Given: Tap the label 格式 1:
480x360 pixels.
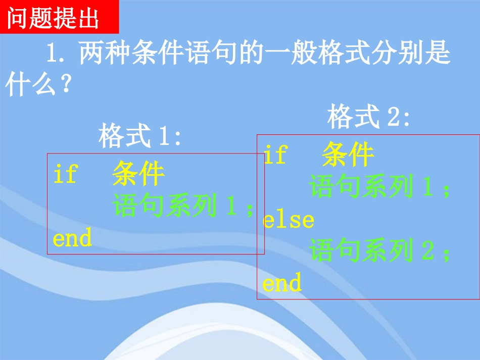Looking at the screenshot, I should click(140, 136).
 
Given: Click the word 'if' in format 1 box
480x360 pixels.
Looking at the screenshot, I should click(65, 175).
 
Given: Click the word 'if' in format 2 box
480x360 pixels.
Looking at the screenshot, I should click(275, 155).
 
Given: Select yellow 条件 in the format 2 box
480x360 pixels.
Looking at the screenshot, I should click(348, 155).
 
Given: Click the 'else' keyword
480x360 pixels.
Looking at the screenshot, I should click(289, 220).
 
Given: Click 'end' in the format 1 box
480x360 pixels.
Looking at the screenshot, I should click(72, 238).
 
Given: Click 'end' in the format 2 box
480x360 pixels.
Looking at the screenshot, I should click(282, 283).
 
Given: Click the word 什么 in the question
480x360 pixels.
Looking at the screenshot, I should click(29, 85).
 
